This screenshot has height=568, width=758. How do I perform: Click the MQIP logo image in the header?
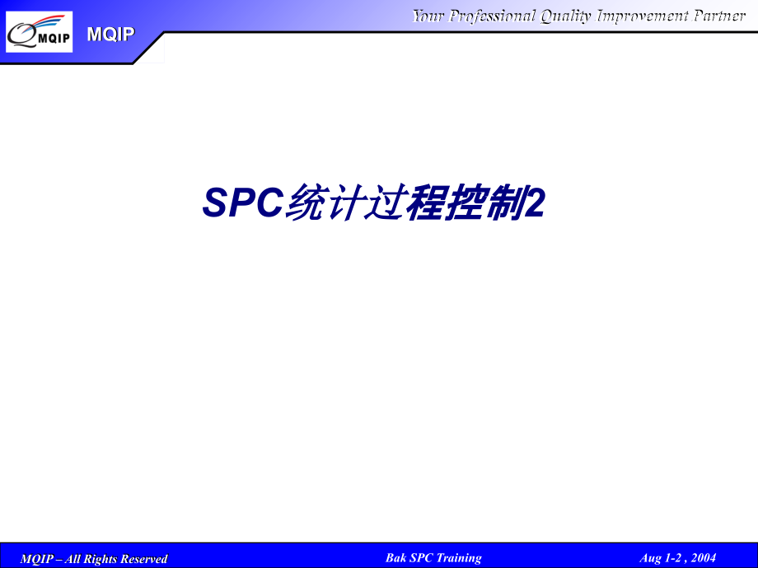(39, 32)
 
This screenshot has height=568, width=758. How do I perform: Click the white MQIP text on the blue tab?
(110, 34)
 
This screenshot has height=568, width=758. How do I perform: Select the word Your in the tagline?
(428, 16)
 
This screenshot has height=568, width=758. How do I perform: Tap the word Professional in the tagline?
(492, 16)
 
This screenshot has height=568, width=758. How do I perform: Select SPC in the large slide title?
(242, 203)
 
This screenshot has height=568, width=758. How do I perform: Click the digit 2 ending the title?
(535, 203)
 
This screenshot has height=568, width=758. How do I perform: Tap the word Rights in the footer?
(97, 559)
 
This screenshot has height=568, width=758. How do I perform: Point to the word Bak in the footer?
(395, 557)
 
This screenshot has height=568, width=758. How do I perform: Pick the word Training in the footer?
(458, 557)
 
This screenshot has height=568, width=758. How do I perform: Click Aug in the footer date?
(650, 558)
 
